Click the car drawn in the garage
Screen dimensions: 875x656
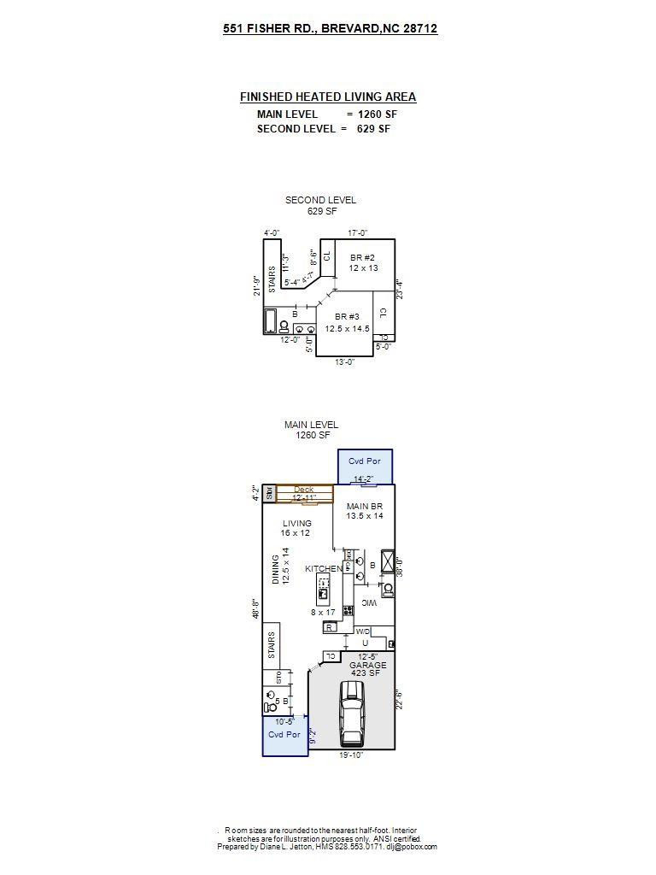[x=352, y=714]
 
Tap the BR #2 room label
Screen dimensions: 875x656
[x=363, y=262]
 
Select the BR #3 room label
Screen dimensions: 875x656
[x=347, y=322]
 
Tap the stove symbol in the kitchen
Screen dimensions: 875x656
[x=348, y=610]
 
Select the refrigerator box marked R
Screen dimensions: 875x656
[x=330, y=627]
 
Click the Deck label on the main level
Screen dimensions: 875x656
[x=304, y=490]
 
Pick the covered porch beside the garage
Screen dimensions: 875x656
[x=284, y=736]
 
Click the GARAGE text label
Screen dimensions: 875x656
[x=367, y=665]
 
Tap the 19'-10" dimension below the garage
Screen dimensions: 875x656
[x=350, y=755]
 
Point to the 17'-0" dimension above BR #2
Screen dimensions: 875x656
[x=358, y=232]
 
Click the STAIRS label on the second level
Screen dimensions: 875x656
[x=272, y=281]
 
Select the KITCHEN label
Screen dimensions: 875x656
[x=324, y=569]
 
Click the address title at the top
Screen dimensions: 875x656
[x=330, y=28]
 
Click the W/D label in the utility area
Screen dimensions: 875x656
[x=363, y=631]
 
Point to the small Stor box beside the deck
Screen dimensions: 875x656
[x=268, y=493]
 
